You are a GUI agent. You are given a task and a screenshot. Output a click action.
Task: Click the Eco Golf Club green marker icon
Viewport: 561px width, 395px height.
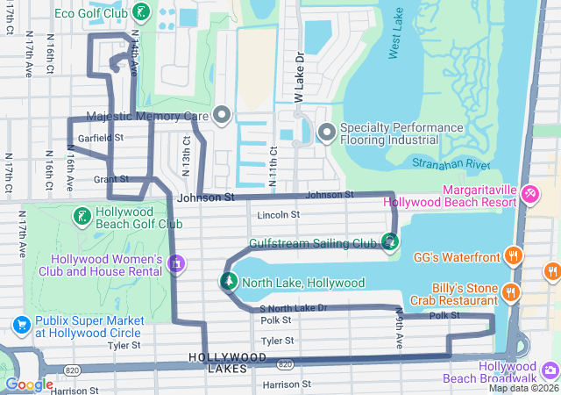[141, 12]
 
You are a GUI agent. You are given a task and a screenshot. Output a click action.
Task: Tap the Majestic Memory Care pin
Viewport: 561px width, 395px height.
[222, 115]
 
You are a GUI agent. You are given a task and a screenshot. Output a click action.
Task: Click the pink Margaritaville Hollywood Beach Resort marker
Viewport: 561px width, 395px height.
[529, 193]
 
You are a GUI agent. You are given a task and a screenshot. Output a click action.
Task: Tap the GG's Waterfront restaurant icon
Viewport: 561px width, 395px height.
[514, 257]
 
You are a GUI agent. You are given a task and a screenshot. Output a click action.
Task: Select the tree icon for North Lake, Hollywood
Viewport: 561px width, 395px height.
[228, 282]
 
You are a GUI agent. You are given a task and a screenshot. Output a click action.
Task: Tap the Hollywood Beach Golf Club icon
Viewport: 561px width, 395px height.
[82, 216]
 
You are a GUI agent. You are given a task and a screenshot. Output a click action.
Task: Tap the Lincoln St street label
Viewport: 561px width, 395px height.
[279, 214]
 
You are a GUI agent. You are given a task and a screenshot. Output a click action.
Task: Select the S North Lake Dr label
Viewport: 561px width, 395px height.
[294, 308]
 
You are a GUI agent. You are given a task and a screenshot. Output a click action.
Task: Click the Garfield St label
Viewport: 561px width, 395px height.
[100, 138]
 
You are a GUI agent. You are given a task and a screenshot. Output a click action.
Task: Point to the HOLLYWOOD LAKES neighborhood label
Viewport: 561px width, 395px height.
[228, 363]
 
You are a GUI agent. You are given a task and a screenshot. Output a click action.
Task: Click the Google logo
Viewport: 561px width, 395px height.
[29, 384]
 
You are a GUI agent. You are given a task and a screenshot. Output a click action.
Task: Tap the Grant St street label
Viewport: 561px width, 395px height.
[110, 179]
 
